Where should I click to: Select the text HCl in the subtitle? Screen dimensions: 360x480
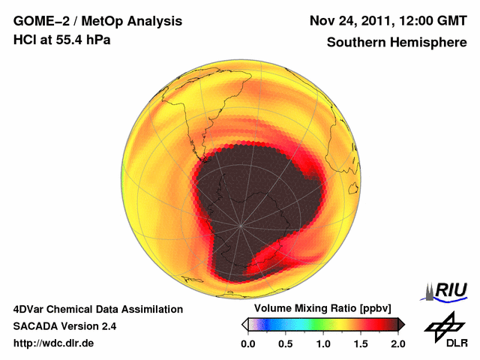click(24, 40)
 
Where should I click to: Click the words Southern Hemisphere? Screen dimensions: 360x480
click(397, 43)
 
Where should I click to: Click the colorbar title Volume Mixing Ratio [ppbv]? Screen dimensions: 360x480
click(319, 309)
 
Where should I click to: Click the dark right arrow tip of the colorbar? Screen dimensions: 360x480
click(401, 324)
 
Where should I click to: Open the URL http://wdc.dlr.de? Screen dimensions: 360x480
click(54, 343)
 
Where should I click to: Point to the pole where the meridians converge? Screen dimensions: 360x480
click(241, 225)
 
